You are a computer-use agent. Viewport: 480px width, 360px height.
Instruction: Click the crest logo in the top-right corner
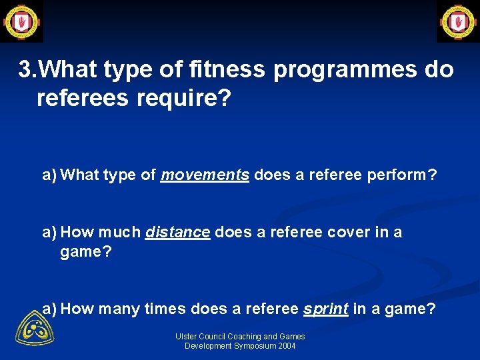(457, 21)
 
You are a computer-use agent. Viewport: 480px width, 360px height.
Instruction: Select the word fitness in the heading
(231, 69)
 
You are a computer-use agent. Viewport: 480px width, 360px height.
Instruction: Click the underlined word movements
(205, 175)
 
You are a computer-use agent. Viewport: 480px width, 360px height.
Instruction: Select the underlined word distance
(178, 232)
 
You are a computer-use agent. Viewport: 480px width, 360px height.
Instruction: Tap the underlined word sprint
(325, 309)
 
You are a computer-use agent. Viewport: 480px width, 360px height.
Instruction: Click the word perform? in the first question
(405, 175)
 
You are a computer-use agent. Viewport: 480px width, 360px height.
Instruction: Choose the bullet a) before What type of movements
(49, 175)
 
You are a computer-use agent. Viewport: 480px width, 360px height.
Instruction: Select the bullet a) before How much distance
(49, 232)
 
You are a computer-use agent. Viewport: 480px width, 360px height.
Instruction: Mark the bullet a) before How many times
(49, 309)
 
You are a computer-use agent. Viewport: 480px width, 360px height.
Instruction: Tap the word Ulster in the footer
(187, 337)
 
